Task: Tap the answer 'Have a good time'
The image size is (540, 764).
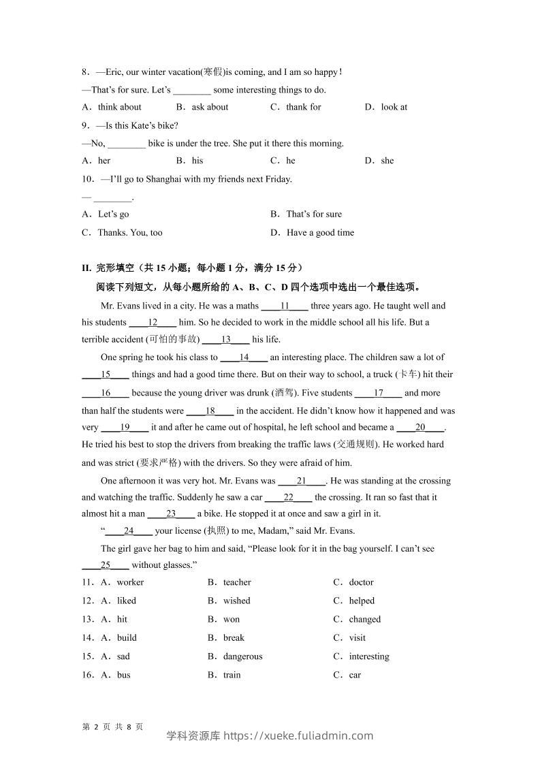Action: (320, 233)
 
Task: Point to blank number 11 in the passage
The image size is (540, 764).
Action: (285, 306)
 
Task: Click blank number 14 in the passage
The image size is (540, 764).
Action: (244, 357)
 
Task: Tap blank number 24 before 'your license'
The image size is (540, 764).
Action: (129, 531)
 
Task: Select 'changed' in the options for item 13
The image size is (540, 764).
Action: (365, 620)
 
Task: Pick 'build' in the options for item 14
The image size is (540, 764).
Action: (127, 638)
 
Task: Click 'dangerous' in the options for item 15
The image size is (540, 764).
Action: (242, 656)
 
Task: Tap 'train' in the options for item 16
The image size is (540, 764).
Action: (232, 675)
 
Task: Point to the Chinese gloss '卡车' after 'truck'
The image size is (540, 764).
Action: (407, 375)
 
